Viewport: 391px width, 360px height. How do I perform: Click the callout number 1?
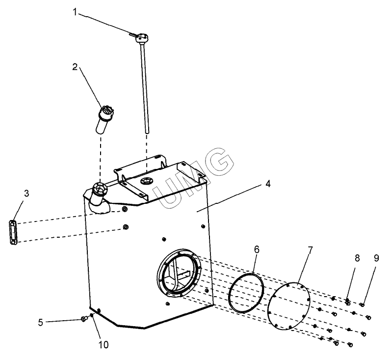click(75, 12)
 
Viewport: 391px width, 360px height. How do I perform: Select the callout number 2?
click(75, 67)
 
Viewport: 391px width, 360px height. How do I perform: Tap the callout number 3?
click(26, 194)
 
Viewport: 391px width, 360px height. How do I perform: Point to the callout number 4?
click(267, 184)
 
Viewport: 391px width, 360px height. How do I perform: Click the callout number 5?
click(40, 322)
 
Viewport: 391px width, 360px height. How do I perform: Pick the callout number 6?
click(257, 249)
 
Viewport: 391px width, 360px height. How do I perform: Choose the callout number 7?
click(310, 250)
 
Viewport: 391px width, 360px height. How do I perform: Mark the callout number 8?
click(357, 258)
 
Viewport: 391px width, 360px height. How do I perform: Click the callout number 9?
click(376, 258)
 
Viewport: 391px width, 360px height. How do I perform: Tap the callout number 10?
click(104, 345)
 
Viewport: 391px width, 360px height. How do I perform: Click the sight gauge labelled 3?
click(13, 233)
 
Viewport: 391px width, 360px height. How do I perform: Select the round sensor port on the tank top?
click(146, 181)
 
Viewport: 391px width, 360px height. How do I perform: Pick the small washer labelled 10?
click(92, 315)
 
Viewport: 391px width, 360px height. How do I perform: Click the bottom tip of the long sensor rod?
click(147, 133)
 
